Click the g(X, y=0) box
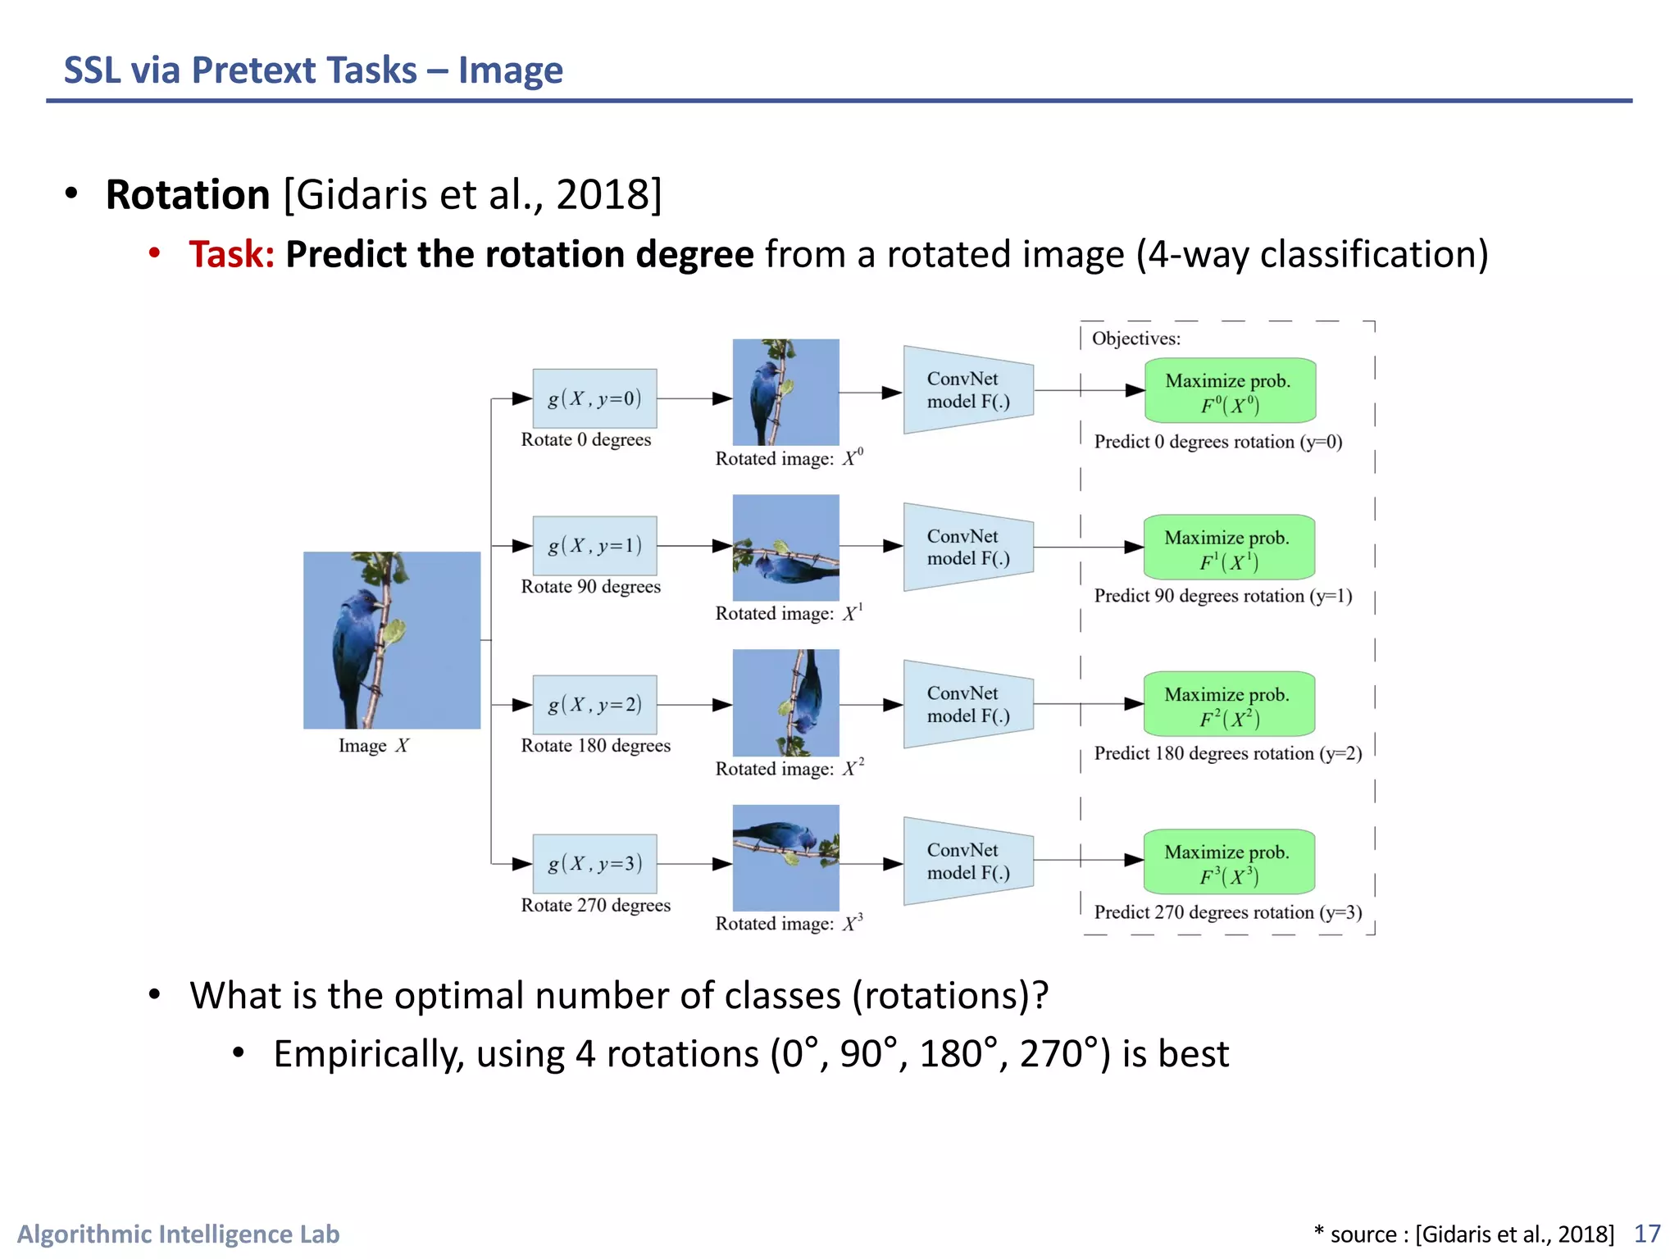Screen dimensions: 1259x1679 tap(594, 398)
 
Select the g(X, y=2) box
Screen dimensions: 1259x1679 tap(594, 705)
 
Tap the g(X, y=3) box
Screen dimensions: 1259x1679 tap(594, 864)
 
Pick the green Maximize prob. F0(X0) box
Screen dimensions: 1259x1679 tap(1229, 392)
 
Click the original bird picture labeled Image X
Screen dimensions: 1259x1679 tap(392, 640)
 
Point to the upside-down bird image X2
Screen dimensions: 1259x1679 tap(785, 703)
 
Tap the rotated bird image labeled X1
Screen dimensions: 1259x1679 tap(785, 548)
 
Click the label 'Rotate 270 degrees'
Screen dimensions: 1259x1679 tap(595, 905)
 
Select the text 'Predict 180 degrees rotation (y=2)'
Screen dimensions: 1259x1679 tap(1227, 753)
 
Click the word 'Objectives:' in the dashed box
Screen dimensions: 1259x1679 tap(1135, 339)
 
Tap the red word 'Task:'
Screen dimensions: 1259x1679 tap(231, 254)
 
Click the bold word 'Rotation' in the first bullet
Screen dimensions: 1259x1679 tap(188, 195)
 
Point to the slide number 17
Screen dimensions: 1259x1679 tap(1647, 1234)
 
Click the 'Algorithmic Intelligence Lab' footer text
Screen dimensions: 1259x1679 tap(178, 1234)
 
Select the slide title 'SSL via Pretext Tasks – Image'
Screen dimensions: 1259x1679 tap(313, 70)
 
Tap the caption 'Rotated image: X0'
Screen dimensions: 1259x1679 tap(789, 458)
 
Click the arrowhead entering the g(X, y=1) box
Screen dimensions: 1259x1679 tap(522, 546)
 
